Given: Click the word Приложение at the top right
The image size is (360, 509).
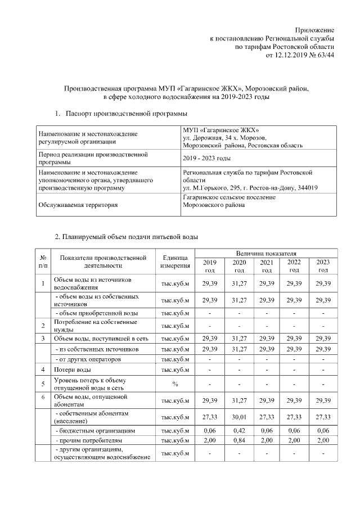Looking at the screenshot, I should (x=316, y=30).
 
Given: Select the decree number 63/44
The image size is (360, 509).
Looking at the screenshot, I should (x=326, y=55).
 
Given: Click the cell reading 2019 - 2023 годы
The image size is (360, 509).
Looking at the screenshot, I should (x=207, y=159).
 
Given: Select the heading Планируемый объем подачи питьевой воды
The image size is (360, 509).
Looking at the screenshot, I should (x=130, y=237).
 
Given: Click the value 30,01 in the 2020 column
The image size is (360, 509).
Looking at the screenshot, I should (x=239, y=417).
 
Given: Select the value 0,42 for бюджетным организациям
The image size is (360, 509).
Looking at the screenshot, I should (x=239, y=430).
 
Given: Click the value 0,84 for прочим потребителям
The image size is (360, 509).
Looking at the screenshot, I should (x=239, y=439).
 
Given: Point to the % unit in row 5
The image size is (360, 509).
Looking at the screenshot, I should (x=175, y=384).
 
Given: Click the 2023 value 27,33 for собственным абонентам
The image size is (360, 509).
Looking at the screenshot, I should (x=323, y=417).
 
